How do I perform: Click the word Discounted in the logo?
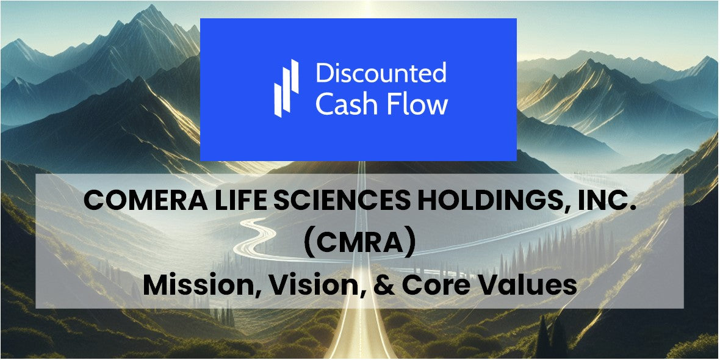click(381, 73)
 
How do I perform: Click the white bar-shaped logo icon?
click(286, 88)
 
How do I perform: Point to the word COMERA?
click(139, 200)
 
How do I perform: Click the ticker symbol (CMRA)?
click(360, 242)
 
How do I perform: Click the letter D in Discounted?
click(323, 73)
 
